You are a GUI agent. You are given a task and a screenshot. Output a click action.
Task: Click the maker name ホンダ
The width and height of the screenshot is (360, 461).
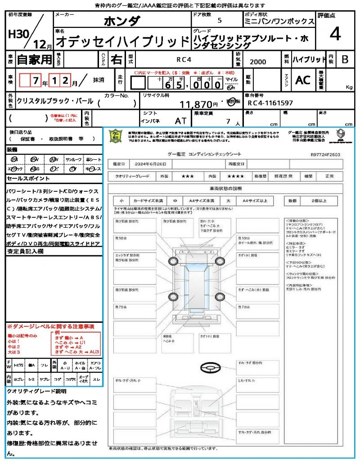click(121, 21)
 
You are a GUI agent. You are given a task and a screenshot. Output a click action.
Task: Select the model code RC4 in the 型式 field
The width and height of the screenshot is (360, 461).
click(183, 59)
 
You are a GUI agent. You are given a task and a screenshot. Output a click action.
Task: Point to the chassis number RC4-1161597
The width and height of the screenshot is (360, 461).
click(270, 103)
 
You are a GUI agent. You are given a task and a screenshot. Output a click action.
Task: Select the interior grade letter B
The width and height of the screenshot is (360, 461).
click(344, 59)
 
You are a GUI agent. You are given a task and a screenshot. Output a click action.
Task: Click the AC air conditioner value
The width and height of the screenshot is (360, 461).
click(303, 80)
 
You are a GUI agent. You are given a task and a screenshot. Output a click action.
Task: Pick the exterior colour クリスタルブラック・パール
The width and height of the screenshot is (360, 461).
click(55, 101)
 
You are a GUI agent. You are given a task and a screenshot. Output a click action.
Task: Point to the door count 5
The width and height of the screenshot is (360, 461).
click(219, 21)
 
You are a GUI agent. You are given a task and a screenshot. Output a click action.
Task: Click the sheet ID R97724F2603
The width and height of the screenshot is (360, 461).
click(325, 154)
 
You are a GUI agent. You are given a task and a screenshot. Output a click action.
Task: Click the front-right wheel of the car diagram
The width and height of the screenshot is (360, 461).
click(220, 261)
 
